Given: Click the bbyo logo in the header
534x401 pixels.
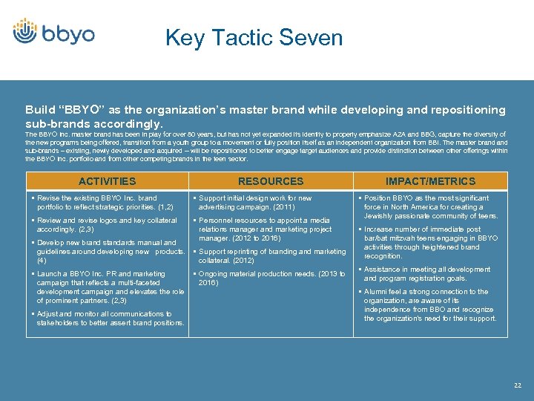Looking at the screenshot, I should [53, 32].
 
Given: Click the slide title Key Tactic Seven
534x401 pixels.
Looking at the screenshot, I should [254, 38].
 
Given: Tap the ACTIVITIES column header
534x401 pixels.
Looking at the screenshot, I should [108, 181].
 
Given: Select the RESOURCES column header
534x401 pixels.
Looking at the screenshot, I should [271, 181].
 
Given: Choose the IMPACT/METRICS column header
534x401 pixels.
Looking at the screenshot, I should [430, 181].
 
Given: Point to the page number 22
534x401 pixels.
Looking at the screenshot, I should [517, 385].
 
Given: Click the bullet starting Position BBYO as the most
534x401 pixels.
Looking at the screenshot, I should [430, 207].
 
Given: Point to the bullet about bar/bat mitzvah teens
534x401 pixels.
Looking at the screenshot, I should [430, 243].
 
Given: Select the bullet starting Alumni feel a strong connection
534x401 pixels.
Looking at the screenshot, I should [430, 305].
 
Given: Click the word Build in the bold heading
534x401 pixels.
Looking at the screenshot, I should [39, 110].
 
